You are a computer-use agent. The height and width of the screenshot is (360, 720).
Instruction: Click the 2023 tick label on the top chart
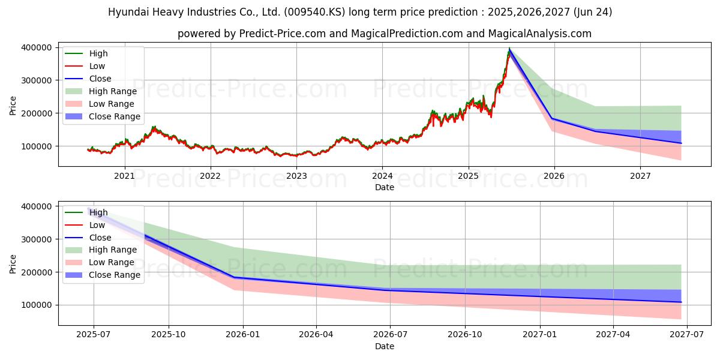pos(296,176)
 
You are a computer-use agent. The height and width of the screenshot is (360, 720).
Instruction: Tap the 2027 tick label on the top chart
pos(640,176)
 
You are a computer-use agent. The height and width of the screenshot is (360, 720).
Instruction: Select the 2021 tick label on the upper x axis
pos(124,176)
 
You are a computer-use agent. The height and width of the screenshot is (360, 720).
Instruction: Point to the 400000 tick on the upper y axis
pos(37,47)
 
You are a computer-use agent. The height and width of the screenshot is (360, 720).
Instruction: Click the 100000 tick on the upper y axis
pos(37,146)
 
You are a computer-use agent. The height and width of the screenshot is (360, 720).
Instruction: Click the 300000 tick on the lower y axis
pos(37,239)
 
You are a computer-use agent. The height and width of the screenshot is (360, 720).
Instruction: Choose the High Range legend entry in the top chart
pos(113,91)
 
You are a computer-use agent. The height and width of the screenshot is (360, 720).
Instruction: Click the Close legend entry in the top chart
pos(100,79)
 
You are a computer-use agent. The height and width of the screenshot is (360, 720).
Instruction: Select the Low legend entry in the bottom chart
pos(97,225)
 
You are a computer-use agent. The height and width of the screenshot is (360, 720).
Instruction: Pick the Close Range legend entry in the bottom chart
pos(115,275)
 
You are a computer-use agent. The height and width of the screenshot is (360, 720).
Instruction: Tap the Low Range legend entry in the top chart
pos(112,104)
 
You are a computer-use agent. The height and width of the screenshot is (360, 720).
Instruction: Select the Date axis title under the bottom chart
pos(385,346)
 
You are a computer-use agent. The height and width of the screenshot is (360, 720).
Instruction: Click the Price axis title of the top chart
pos(13,106)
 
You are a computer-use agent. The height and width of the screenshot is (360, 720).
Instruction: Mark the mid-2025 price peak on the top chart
pos(509,49)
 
